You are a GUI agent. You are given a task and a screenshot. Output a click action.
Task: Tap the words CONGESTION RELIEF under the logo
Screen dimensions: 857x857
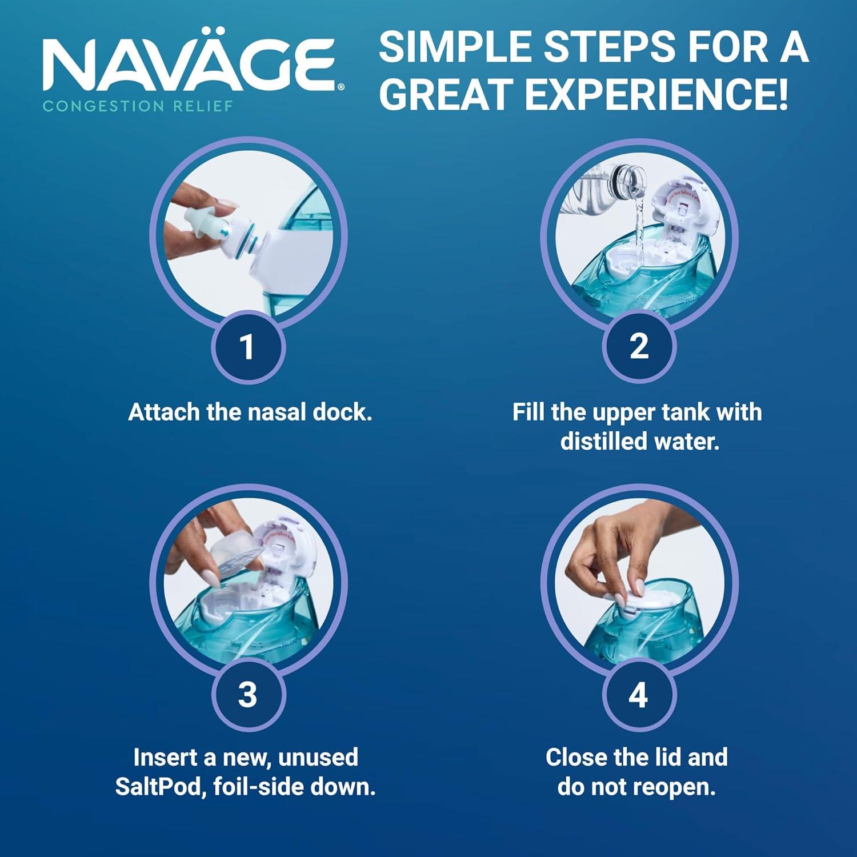pos(138,106)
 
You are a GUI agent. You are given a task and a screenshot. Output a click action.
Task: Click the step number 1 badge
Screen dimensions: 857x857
pos(247,347)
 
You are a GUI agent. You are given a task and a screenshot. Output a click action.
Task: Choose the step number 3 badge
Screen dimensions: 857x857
pos(247,695)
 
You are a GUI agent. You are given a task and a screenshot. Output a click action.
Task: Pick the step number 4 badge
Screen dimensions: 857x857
pos(639,695)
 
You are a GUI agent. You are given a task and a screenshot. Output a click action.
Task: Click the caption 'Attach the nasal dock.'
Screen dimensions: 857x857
pos(250,412)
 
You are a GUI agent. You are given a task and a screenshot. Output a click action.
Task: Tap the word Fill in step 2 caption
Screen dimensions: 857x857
pos(528,412)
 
